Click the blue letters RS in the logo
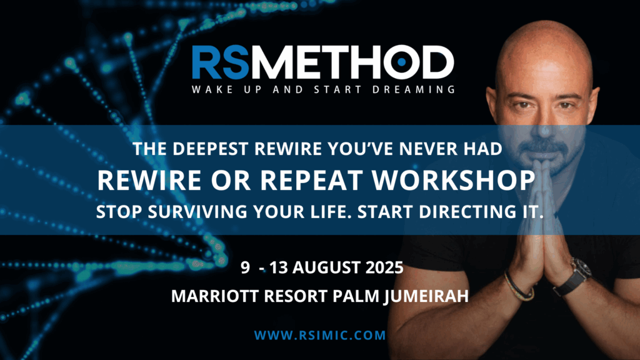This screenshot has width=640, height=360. [x=221, y=62]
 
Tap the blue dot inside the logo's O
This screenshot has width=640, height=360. [x=401, y=62]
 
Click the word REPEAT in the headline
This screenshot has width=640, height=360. [x=311, y=180]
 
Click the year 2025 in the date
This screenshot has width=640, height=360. [x=384, y=267]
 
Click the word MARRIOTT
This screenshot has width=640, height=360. [x=215, y=296]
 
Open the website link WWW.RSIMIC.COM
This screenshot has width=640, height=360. [x=320, y=336]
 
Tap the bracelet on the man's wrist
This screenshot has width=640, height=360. [x=518, y=287]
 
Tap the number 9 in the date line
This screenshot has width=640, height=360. [x=245, y=267]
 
